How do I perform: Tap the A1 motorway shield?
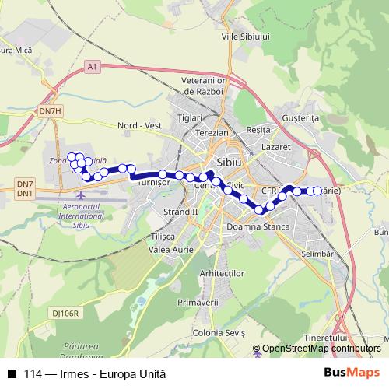[93, 68]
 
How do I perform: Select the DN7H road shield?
[50, 111]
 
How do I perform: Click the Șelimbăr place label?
[317, 254]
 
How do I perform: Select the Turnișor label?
[152, 184]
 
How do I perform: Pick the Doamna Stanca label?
[256, 226]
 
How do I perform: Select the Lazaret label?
[276, 146]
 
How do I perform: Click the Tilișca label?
[164, 236]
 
